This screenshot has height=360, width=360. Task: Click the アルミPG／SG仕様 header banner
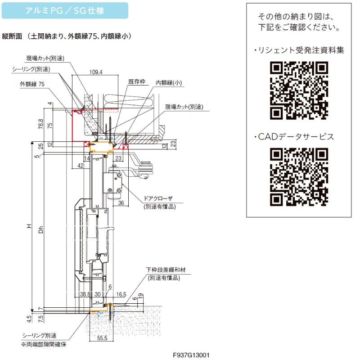[65, 10]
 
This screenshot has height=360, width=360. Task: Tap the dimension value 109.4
[96, 72]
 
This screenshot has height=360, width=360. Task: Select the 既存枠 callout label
[137, 82]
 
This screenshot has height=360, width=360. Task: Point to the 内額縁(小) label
[169, 83]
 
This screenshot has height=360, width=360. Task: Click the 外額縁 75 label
[32, 84]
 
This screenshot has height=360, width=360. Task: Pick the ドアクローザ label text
[158, 198]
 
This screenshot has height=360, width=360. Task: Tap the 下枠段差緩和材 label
[166, 270]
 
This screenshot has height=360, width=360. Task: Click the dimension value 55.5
[102, 338]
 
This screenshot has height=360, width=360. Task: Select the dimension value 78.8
[40, 124]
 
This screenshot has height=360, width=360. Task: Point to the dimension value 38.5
[85, 294]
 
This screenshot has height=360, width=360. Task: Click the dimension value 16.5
[121, 294]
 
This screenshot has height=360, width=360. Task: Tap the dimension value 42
[81, 166]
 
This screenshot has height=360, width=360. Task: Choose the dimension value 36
[121, 203]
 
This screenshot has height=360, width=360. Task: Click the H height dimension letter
[29, 226]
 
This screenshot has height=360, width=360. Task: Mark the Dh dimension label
[41, 230]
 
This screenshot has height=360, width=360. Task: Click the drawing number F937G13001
[191, 355]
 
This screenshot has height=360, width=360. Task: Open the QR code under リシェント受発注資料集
[299, 90]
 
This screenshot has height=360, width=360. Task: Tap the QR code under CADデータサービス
[299, 177]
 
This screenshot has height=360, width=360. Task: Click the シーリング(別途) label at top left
[31, 69]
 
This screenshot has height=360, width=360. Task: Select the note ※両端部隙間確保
[44, 344]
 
